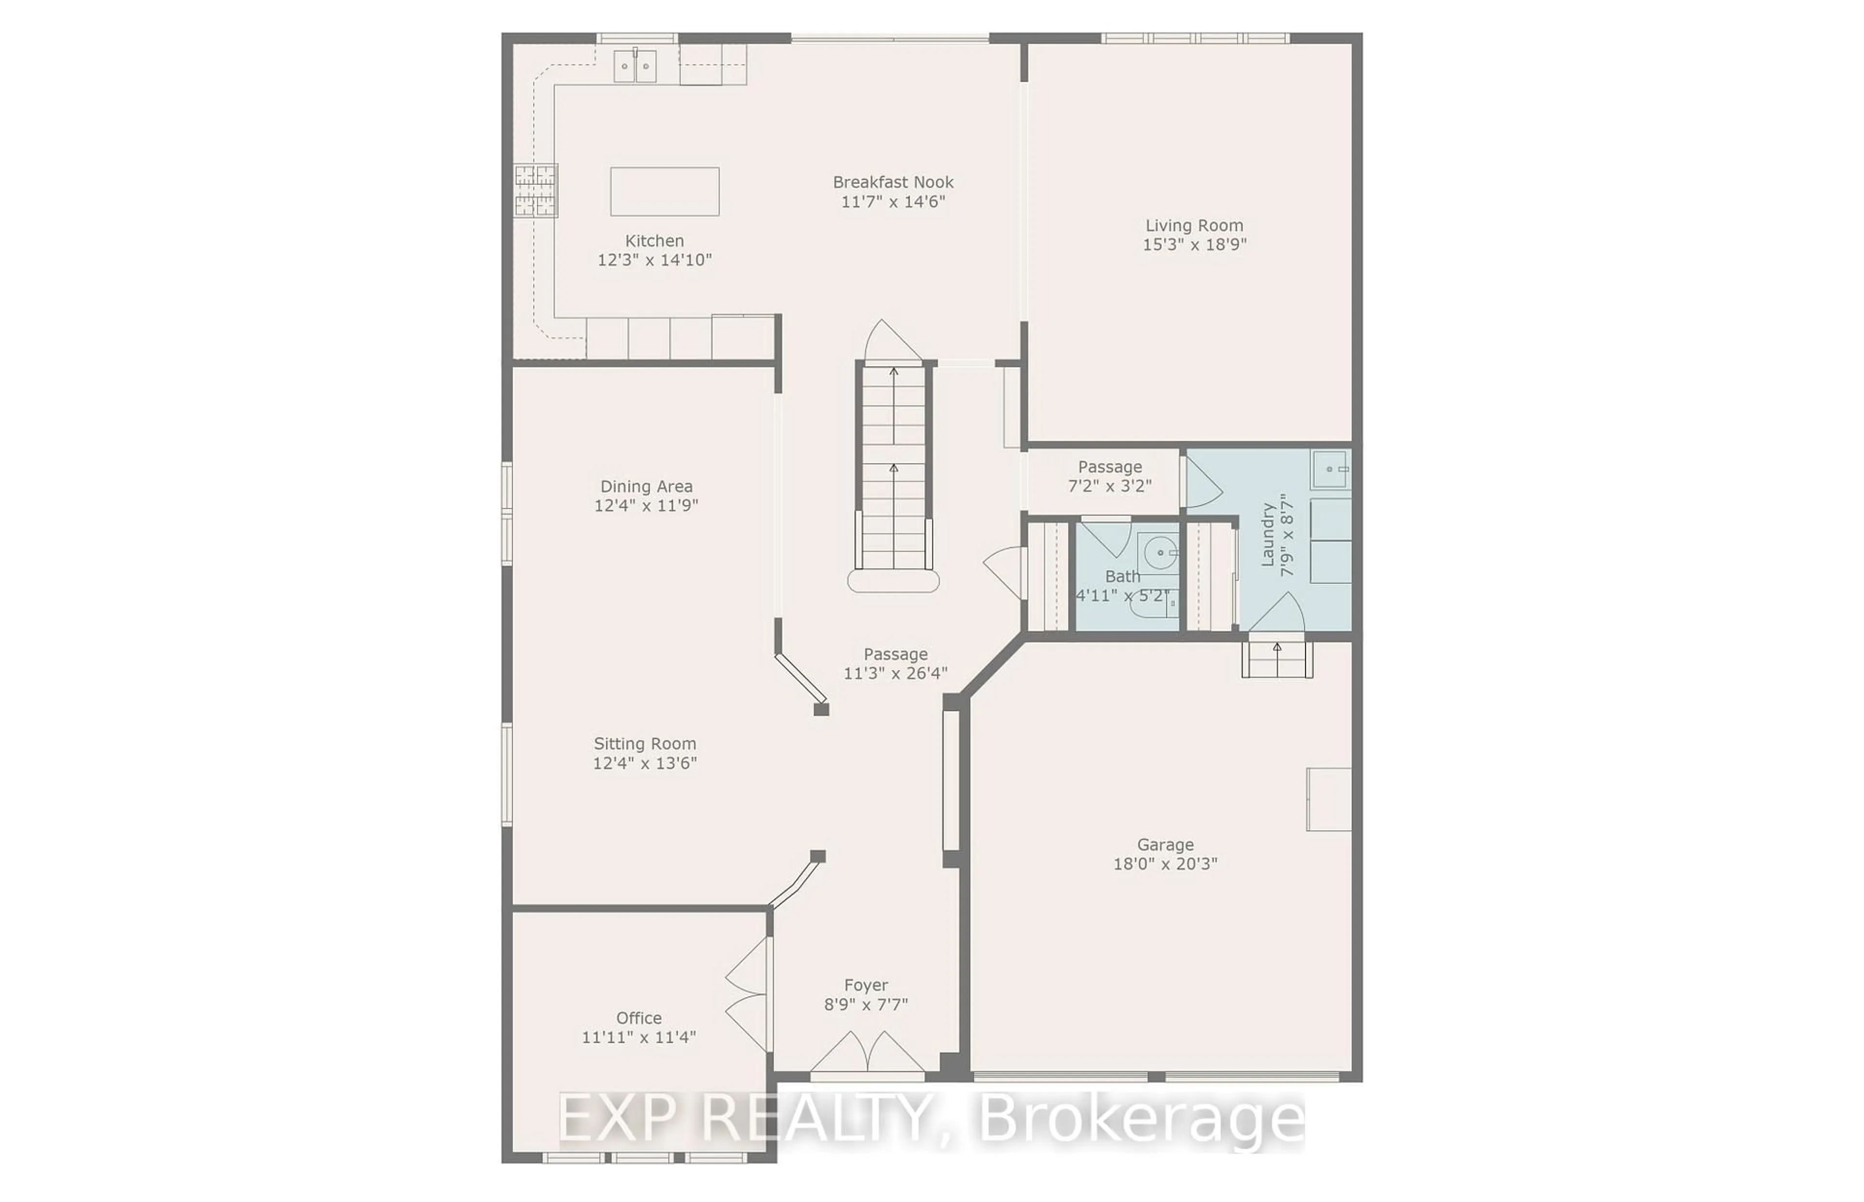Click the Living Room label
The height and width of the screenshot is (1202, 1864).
click(1194, 226)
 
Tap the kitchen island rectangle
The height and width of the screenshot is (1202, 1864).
click(664, 191)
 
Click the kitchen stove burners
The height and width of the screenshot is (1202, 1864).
click(535, 190)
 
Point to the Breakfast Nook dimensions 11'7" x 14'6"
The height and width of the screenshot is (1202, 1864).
click(893, 202)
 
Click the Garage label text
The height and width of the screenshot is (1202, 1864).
click(1165, 845)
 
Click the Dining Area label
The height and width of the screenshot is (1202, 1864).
click(646, 486)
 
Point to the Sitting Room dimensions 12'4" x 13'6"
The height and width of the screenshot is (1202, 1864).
click(645, 763)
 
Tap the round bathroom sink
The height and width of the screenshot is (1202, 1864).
click(1160, 552)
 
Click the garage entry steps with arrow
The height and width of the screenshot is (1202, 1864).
click(1277, 657)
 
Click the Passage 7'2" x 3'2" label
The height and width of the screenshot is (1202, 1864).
click(1110, 476)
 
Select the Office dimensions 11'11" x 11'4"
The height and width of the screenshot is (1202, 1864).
click(638, 1037)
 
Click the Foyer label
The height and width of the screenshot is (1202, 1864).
click(865, 985)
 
